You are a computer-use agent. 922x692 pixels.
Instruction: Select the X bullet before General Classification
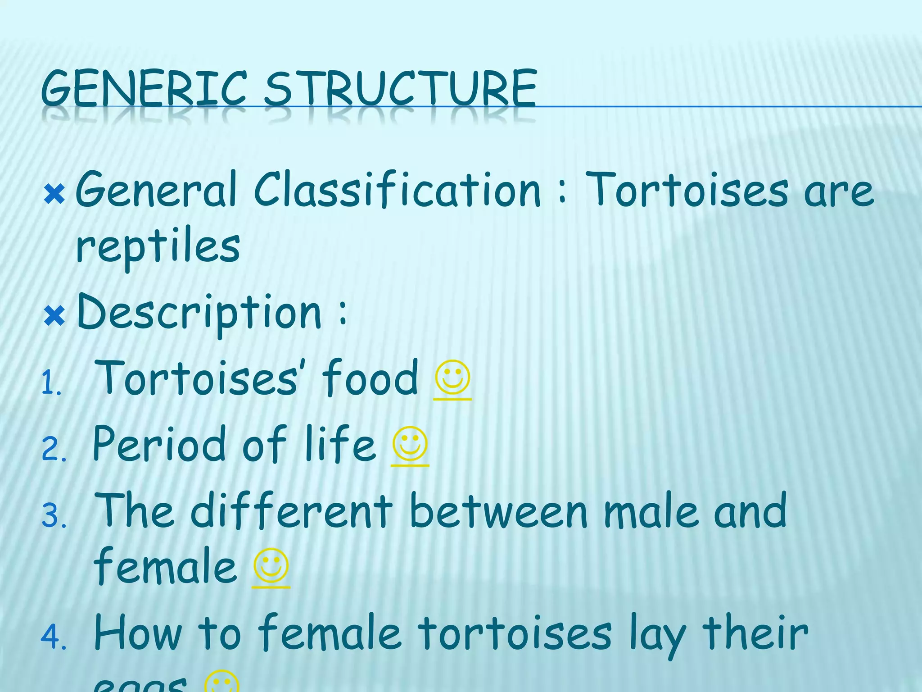[x=55, y=195]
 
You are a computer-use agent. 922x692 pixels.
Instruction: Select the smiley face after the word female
[x=271, y=565]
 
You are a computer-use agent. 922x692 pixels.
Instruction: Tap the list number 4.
[x=54, y=637]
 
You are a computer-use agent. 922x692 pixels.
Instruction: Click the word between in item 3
[x=499, y=511]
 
